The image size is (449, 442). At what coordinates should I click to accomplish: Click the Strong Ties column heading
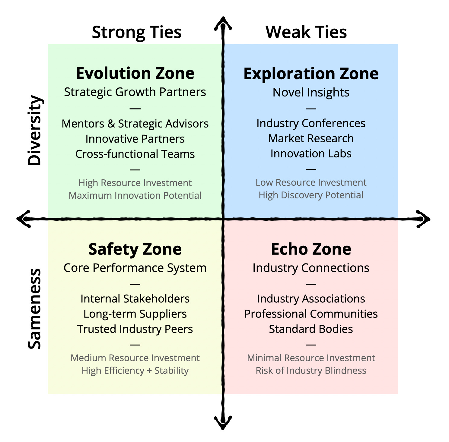tap(136, 32)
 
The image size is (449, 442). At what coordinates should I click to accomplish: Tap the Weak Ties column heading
tap(306, 32)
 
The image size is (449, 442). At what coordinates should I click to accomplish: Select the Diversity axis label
tap(34, 131)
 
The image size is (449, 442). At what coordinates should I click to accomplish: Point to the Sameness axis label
tap(34, 309)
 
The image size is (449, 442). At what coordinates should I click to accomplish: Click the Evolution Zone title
tap(135, 73)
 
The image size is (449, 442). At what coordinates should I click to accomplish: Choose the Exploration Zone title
tap(311, 74)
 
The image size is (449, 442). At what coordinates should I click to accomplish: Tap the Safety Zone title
tap(135, 249)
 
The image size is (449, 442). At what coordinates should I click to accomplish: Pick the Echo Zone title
tap(311, 249)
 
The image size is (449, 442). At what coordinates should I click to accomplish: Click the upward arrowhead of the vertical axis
tap(223, 23)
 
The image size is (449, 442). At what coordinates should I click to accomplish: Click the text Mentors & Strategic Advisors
tap(135, 124)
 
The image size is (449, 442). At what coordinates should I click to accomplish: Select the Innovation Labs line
tap(311, 153)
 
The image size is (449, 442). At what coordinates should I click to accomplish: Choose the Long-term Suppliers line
tap(135, 314)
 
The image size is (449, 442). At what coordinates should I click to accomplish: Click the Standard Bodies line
tap(311, 329)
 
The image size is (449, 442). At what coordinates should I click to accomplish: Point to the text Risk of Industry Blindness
tap(311, 371)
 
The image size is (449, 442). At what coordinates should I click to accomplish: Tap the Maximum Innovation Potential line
tap(135, 195)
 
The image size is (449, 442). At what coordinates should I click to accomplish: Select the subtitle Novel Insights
tap(311, 92)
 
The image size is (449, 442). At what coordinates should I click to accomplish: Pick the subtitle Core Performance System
tap(135, 268)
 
